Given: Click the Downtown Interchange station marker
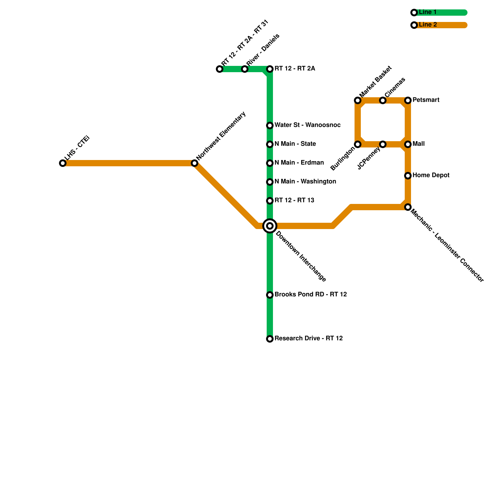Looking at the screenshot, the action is (x=270, y=226).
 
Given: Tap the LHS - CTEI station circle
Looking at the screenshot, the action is (x=63, y=163).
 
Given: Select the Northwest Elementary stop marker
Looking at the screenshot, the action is (x=195, y=163).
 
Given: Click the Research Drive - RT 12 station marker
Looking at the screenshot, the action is (x=270, y=339).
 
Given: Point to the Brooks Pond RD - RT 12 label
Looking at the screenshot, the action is (x=311, y=295).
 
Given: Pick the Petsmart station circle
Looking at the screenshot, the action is (x=408, y=100).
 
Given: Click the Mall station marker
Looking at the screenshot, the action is (x=408, y=144).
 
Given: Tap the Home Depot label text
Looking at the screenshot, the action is (x=431, y=175).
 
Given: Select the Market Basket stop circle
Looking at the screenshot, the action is (x=358, y=100).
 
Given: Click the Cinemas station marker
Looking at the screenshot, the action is (x=383, y=100).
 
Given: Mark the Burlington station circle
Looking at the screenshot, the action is (x=358, y=144).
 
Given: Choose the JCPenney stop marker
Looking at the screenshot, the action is (x=383, y=144).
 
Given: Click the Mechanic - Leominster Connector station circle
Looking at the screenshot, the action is (x=408, y=207).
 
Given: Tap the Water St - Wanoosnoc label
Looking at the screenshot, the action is (x=307, y=125).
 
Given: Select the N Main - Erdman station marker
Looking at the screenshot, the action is (x=270, y=163).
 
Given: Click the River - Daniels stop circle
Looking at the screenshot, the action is (x=245, y=69).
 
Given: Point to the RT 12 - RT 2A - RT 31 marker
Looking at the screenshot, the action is (x=220, y=69).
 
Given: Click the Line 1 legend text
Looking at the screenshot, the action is (x=428, y=12).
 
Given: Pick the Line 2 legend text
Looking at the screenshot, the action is (x=428, y=25).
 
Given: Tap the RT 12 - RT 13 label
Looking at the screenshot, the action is (x=294, y=200).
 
